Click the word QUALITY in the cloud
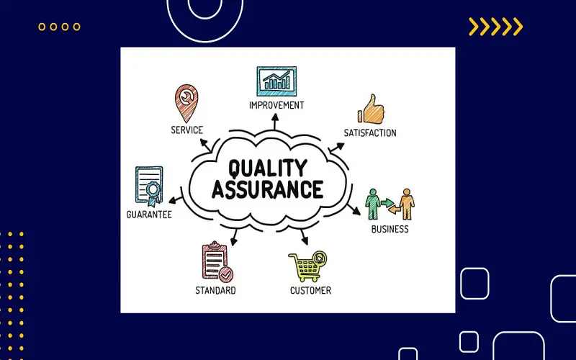click(x=267, y=168)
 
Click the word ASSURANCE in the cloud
click(x=267, y=189)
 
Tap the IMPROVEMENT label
click(x=276, y=105)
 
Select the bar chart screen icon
click(x=276, y=81)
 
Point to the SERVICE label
click(x=187, y=130)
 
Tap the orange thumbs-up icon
click(x=371, y=109)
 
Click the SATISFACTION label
click(x=370, y=132)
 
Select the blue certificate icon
click(x=149, y=186)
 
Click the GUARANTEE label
click(x=149, y=215)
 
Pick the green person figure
click(x=373, y=204)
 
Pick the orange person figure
click(x=407, y=204)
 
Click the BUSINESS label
click(x=390, y=229)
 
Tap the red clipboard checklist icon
click(x=217, y=261)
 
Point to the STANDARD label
click(x=215, y=291)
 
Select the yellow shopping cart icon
click(x=307, y=266)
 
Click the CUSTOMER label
click(x=310, y=291)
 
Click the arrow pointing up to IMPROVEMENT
click(x=275, y=122)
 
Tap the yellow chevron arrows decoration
click(x=495, y=27)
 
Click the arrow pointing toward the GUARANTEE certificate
click(x=176, y=200)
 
